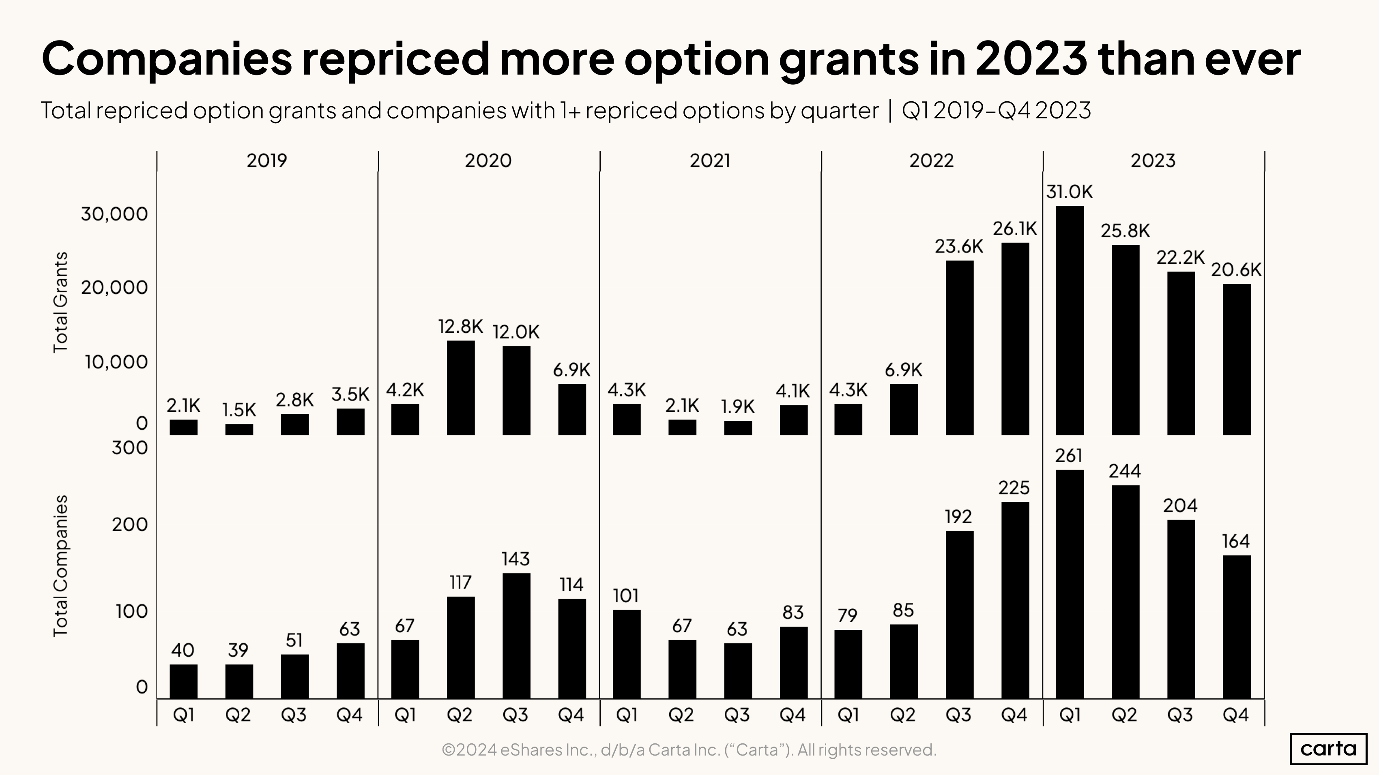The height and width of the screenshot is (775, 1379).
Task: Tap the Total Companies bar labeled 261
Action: click(1070, 584)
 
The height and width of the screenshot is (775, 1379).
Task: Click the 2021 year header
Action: click(709, 161)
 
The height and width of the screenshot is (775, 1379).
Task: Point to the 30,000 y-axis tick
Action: click(114, 214)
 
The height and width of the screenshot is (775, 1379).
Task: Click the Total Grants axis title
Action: click(60, 302)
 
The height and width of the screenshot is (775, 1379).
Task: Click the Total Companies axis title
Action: click(60, 566)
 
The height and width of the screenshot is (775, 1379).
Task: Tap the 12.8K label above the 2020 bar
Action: click(460, 326)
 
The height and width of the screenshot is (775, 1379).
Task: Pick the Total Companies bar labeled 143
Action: click(516, 636)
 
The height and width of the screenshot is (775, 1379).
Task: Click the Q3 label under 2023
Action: click(1180, 715)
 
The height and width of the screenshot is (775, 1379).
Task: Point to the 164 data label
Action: click(1235, 541)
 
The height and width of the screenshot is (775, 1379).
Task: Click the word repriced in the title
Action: click(395, 58)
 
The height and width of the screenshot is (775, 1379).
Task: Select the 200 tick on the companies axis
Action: click(129, 525)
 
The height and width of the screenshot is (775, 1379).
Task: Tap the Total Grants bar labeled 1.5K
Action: click(239, 430)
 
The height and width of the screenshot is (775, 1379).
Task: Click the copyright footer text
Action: click(689, 750)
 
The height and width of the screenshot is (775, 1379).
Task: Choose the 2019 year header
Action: click(266, 161)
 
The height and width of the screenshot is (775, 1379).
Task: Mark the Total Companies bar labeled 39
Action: click(239, 681)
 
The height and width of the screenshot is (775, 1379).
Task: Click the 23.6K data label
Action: click(959, 246)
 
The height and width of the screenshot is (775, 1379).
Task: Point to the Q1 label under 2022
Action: click(848, 715)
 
